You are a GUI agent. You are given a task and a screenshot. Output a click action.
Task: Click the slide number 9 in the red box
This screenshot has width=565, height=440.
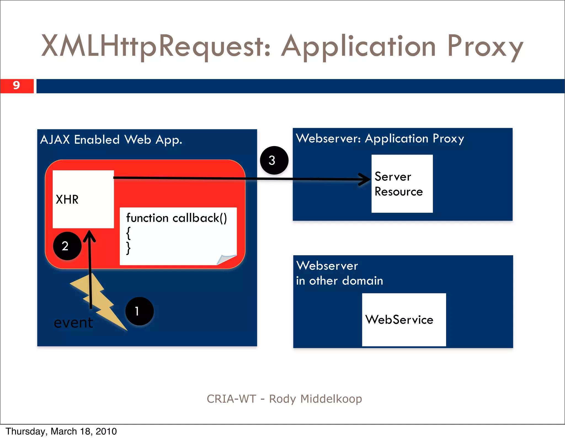pos(17,85)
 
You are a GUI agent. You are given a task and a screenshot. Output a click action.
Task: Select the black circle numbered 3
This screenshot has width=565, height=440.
pos(274,160)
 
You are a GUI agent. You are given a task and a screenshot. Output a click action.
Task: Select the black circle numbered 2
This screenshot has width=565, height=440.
pos(67,246)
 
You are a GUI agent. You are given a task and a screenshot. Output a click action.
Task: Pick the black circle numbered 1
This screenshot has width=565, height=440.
pos(139,311)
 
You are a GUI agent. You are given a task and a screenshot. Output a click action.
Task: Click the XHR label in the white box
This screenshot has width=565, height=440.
pos(67,199)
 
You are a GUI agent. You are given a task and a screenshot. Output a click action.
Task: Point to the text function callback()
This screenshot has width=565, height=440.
pos(177,218)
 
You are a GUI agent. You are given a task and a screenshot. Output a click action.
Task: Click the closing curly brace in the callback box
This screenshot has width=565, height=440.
pos(128,248)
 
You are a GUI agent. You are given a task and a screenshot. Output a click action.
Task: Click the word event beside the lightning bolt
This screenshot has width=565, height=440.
pos(73,323)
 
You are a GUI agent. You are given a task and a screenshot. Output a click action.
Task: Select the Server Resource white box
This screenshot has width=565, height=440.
pos(402,184)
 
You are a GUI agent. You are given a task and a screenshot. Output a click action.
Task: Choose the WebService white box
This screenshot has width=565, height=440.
pos(404,320)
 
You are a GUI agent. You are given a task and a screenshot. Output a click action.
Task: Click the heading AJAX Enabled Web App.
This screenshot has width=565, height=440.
pos(111,140)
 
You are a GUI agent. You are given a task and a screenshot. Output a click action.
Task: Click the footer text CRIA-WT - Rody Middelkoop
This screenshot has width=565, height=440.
pos(284,399)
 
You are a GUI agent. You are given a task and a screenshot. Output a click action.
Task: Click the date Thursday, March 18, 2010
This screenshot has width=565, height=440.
pos(61,431)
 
